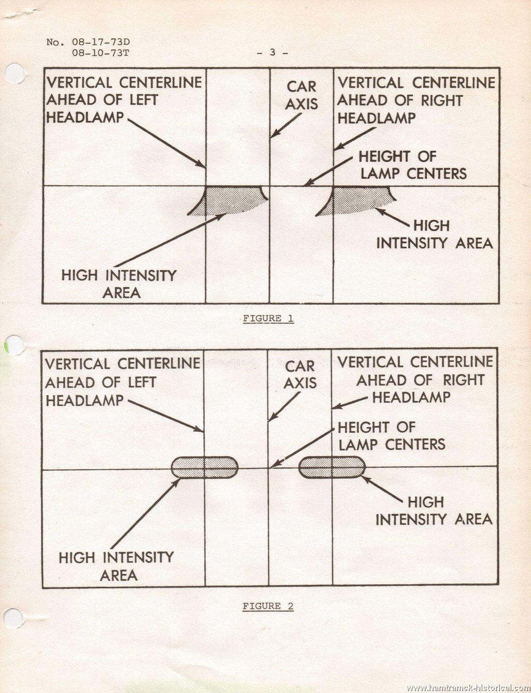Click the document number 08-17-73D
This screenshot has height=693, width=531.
101,42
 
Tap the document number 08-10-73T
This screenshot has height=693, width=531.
101,53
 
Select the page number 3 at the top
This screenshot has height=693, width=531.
272,52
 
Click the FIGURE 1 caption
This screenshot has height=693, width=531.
268,318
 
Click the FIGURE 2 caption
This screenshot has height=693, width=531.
268,606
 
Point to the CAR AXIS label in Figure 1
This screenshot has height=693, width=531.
301,95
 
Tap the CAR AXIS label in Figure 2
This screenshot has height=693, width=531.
300,375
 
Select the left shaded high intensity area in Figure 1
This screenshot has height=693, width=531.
228,200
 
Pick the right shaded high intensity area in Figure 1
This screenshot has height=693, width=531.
356,200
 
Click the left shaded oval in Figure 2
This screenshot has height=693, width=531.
204,468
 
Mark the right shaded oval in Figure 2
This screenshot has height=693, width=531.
332,467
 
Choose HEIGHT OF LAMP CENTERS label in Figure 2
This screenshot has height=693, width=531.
392,436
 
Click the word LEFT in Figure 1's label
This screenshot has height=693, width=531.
144,100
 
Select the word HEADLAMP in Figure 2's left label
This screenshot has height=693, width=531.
85,401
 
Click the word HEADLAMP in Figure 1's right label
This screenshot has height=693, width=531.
376,118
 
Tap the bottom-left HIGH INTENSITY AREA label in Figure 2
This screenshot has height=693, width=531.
116,567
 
